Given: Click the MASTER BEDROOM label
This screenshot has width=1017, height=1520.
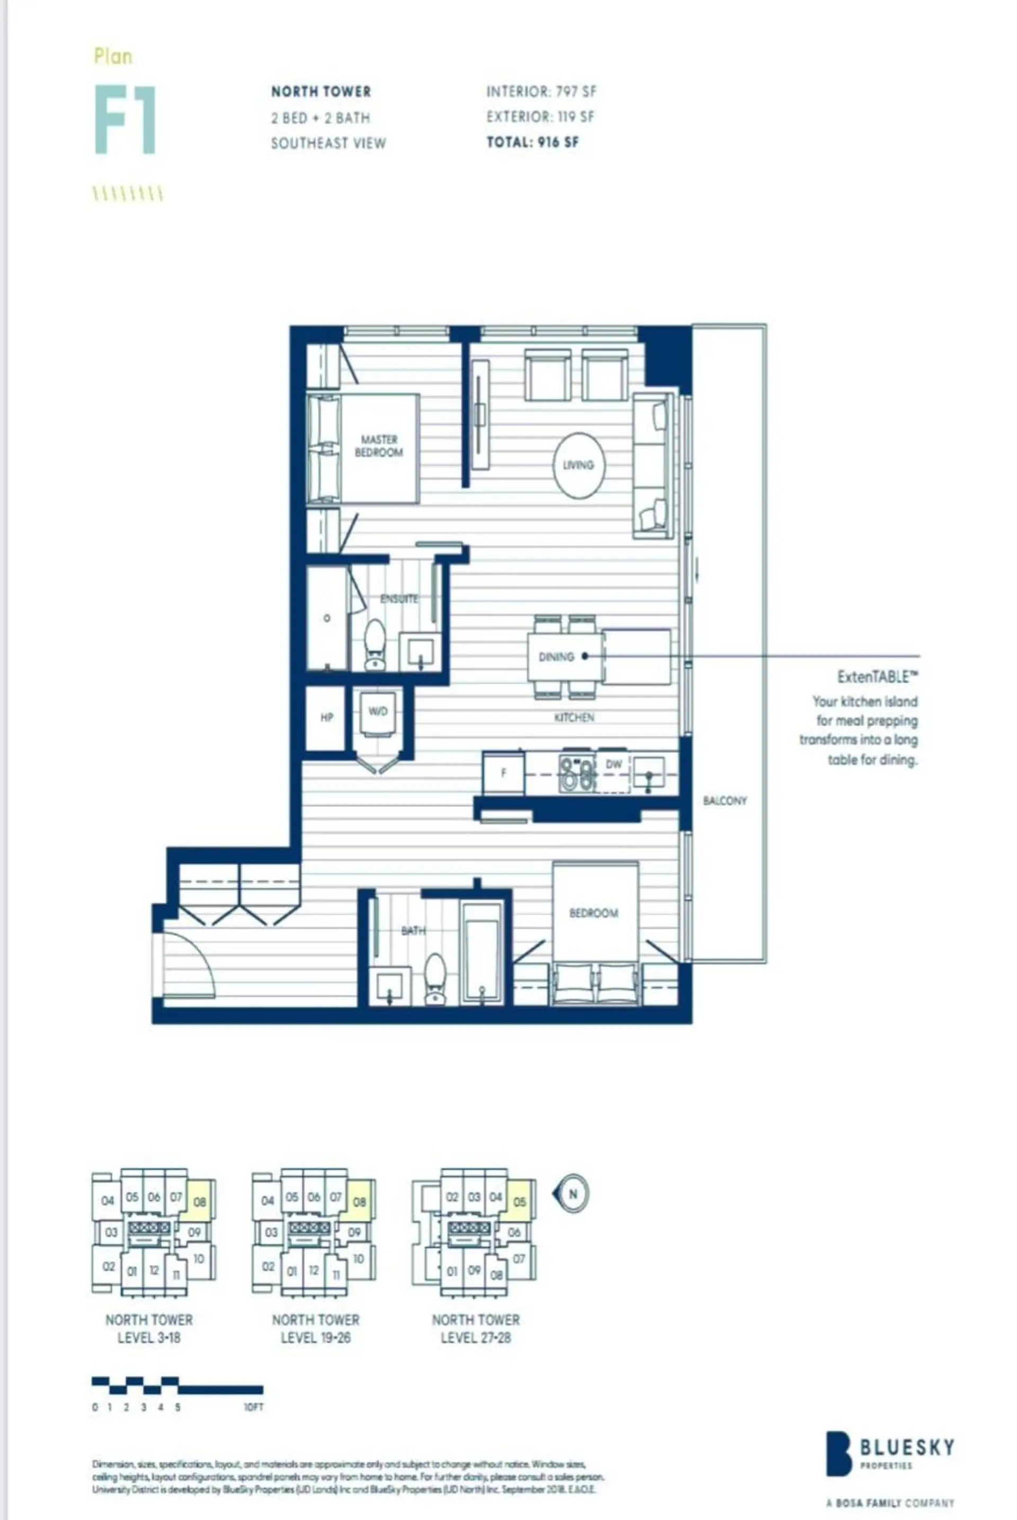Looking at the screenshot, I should pyautogui.click(x=379, y=446).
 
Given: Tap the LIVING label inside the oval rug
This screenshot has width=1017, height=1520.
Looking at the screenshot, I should pyautogui.click(x=578, y=465).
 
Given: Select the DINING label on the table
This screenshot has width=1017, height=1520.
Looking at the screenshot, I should pyautogui.click(x=556, y=656).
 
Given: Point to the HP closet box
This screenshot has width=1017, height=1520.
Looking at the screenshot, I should pyautogui.click(x=326, y=717).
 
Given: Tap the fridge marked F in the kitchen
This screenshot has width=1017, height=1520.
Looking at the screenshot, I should pyautogui.click(x=503, y=772).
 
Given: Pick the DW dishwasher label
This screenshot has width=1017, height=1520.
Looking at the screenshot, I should pyautogui.click(x=613, y=765).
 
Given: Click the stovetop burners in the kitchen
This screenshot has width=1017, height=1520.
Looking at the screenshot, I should pyautogui.click(x=577, y=774).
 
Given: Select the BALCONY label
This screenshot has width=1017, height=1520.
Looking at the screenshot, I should pyautogui.click(x=725, y=801).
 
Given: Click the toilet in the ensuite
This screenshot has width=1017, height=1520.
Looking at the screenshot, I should pyautogui.click(x=375, y=644).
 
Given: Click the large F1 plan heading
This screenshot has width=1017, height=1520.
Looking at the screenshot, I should pyautogui.click(x=125, y=119).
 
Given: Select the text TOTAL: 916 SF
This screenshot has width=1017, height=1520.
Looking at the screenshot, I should pyautogui.click(x=532, y=142).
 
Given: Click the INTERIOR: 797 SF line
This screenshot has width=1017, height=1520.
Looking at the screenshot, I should pyautogui.click(x=541, y=92).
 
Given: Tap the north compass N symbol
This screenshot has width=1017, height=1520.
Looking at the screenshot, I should pyautogui.click(x=572, y=1193).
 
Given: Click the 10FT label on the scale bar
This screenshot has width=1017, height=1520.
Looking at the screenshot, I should pyautogui.click(x=254, y=1407).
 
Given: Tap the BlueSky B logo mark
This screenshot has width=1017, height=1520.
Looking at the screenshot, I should pyautogui.click(x=838, y=1453).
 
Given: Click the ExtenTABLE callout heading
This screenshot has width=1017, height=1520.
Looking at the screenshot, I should pyautogui.click(x=878, y=677).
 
